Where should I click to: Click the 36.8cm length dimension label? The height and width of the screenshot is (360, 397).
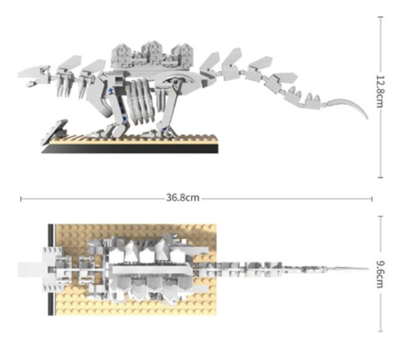click(x=182, y=198)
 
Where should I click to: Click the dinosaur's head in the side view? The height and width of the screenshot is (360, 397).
click(x=34, y=74)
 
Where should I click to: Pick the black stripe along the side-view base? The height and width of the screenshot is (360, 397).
click(x=130, y=149)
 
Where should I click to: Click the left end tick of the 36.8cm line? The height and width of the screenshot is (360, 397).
click(x=21, y=199)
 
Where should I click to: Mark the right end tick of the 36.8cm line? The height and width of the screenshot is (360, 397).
click(x=372, y=199)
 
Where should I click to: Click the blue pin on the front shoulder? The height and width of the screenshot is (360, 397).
click(x=112, y=91)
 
